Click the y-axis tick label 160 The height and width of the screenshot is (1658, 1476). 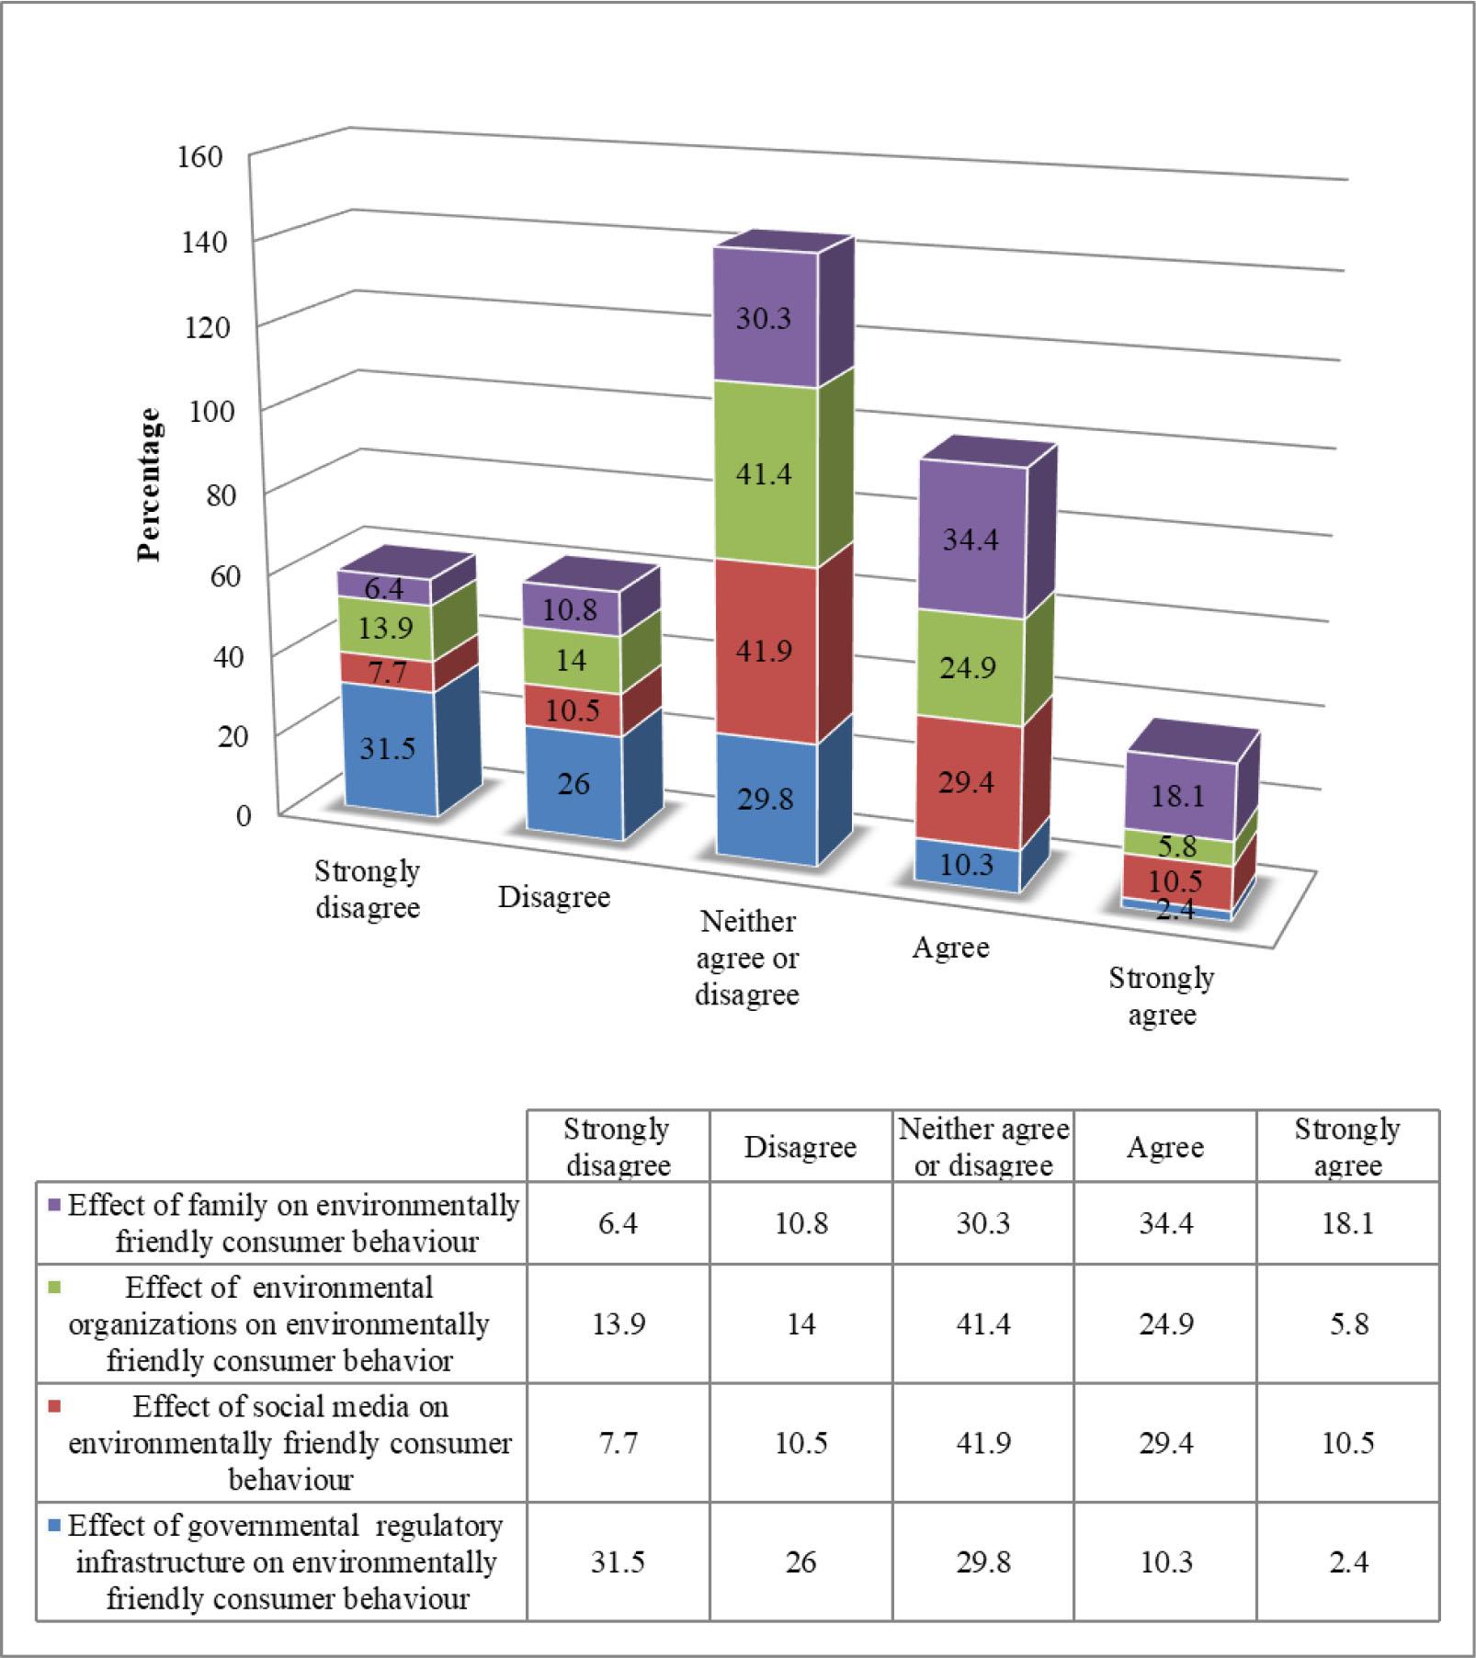(x=199, y=156)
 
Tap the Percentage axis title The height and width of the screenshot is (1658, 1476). (x=149, y=484)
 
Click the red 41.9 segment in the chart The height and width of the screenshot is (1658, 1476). (x=764, y=651)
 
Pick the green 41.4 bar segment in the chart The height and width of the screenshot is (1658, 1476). (x=764, y=474)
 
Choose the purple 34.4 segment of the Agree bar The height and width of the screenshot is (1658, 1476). (x=971, y=539)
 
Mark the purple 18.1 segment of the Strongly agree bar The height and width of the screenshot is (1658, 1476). (x=1178, y=795)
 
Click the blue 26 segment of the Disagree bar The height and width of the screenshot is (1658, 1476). (x=573, y=783)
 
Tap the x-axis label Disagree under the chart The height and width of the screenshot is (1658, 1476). (x=554, y=897)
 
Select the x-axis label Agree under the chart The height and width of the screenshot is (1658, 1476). (x=950, y=948)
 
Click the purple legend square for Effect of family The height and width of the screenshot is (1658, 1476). (x=53, y=1205)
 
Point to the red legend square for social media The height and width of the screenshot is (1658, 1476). (x=53, y=1406)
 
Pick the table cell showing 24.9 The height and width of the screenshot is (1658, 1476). (x=1165, y=1323)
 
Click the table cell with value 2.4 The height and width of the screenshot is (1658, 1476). (x=1348, y=1561)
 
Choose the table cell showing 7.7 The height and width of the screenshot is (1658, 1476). (x=619, y=1442)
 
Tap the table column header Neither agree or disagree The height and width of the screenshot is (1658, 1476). (x=983, y=1147)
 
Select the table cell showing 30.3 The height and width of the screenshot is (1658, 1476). (x=983, y=1223)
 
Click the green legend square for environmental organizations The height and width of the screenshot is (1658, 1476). (x=53, y=1288)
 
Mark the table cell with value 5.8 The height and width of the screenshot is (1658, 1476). (x=1348, y=1323)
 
